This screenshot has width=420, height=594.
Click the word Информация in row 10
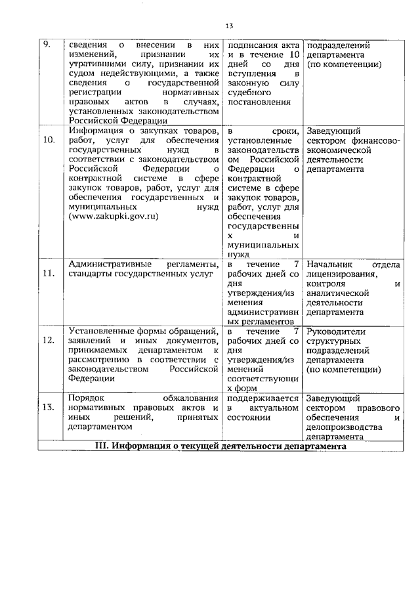point(93,131)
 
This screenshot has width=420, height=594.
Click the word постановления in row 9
point(258,102)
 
